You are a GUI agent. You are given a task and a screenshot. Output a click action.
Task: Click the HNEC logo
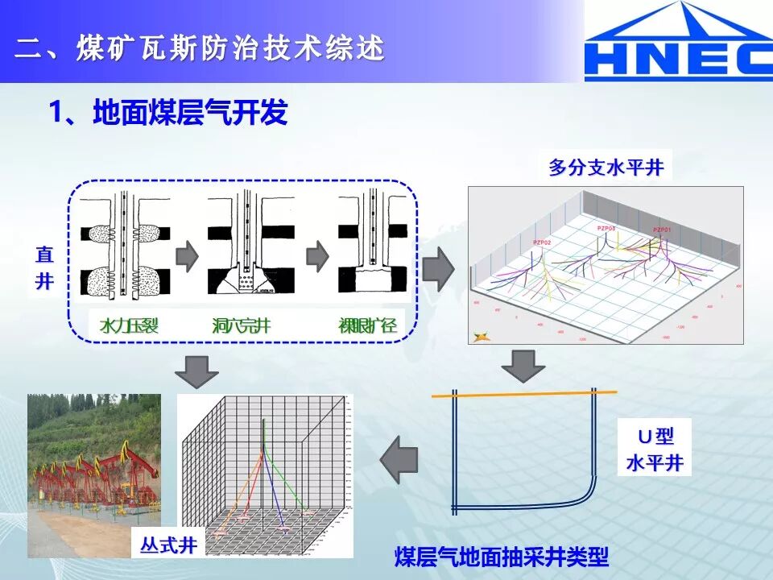(x=678, y=41)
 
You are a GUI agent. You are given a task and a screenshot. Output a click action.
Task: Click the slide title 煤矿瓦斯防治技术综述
(x=200, y=48)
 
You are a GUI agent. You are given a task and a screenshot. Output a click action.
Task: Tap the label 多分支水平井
(x=606, y=168)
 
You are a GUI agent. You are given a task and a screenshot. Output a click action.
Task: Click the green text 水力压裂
(x=128, y=326)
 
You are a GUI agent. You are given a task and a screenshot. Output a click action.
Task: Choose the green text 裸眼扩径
(x=366, y=326)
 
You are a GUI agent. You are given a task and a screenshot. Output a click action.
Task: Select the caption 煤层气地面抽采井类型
(x=501, y=557)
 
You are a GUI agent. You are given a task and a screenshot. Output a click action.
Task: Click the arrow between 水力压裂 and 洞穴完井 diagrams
(x=187, y=256)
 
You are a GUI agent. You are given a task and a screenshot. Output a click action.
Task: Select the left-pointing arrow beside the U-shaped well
(x=399, y=461)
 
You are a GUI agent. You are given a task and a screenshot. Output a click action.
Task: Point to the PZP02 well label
(x=541, y=242)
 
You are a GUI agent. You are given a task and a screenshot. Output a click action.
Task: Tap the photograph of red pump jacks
(x=94, y=475)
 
